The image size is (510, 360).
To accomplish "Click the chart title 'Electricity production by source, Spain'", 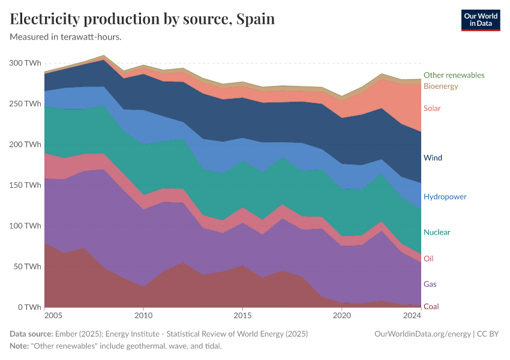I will [142, 19].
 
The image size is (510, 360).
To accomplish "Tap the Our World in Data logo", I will [480, 20].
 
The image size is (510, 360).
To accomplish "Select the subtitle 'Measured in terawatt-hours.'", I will [66, 37].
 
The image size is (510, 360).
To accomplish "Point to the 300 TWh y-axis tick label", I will [25, 63].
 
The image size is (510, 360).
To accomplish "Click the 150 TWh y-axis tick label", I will [25, 185].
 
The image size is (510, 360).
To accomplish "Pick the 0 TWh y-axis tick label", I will [29, 307].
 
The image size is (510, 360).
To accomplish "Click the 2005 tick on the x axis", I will [53, 316].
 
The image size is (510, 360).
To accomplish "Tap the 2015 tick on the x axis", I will [242, 316].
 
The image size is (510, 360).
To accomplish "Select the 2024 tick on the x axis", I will [412, 316].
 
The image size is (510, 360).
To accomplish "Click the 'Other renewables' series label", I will [454, 75].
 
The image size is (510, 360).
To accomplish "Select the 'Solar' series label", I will [432, 109].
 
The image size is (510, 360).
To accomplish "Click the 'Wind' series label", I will [432, 158].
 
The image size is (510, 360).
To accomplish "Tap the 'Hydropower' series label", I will [445, 197].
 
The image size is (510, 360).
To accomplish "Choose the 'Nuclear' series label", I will [436, 232].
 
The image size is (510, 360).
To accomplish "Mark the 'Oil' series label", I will [428, 259].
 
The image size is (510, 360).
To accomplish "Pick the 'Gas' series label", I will [430, 284].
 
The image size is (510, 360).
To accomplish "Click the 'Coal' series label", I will [431, 307].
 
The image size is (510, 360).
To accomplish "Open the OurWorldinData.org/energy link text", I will [422, 334].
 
